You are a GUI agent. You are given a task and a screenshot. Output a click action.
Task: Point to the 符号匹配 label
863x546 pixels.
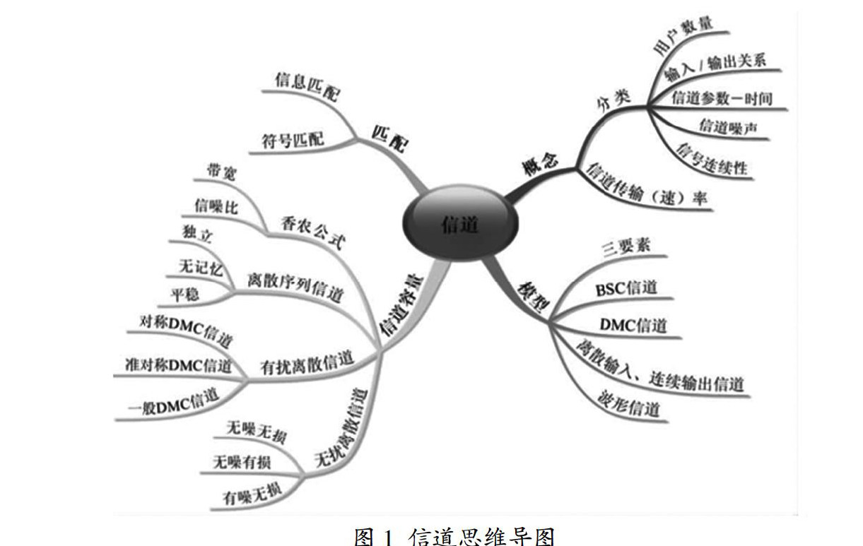[293, 141]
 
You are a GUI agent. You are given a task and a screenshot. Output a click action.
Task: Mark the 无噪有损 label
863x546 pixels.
[241, 461]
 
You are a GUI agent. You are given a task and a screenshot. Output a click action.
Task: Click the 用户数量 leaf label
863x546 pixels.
[681, 37]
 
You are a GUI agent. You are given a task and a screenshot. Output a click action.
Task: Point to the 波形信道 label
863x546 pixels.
[629, 408]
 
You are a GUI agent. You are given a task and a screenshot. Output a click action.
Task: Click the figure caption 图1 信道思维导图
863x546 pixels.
[454, 535]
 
